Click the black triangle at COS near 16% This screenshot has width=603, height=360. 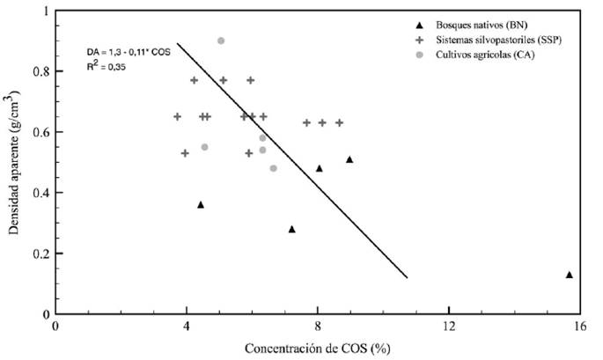[570, 275]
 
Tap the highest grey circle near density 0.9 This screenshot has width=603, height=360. [221, 40]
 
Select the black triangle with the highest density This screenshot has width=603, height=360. [349, 159]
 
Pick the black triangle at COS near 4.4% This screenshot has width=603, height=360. [201, 204]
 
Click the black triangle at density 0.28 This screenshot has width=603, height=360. [292, 229]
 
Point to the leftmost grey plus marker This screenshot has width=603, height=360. [177, 116]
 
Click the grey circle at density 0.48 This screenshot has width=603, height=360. [273, 168]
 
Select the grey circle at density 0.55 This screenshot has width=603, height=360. [204, 147]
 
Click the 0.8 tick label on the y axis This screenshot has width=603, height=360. [37, 71]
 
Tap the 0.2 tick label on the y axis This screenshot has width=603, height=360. [37, 253]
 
